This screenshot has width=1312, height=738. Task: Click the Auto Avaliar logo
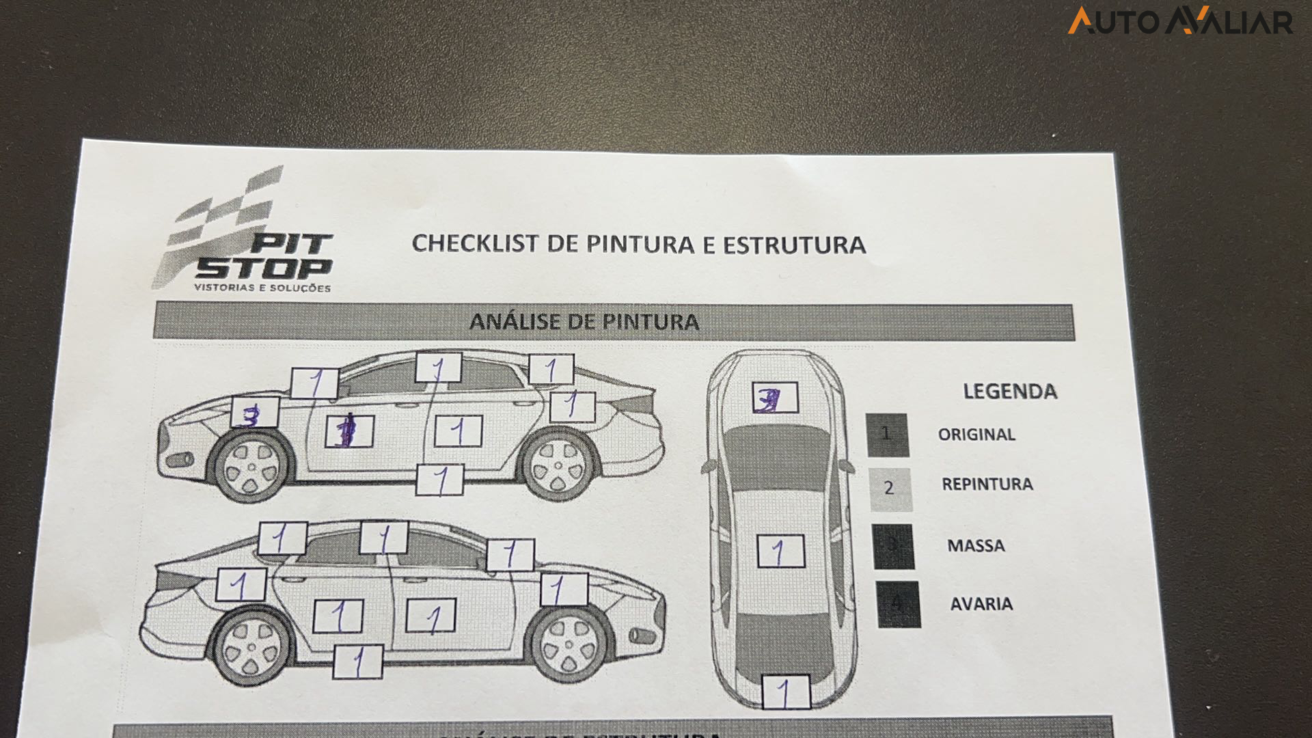point(1180,20)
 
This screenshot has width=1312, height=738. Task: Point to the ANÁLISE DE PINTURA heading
point(584,322)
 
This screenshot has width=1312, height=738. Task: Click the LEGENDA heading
point(1009,392)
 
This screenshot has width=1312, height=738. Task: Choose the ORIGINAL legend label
point(976,435)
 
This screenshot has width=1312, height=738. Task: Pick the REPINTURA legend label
point(987,484)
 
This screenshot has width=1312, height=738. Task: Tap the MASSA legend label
point(976,546)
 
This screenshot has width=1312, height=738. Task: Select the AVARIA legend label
point(981,604)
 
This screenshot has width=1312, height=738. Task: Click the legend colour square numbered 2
point(889,489)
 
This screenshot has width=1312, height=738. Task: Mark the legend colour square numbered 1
point(887,435)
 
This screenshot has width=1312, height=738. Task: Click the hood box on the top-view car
point(775,398)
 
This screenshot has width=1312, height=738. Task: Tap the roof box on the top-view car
point(780,551)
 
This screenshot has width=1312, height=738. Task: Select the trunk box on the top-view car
point(786,692)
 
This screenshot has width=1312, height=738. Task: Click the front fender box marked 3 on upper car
point(255,413)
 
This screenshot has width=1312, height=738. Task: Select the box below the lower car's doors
point(357,661)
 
